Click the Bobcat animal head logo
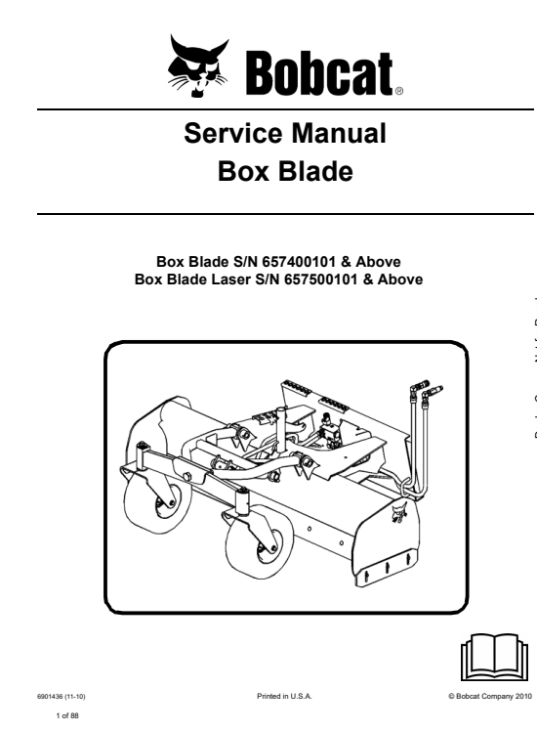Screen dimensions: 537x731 [x=198, y=65]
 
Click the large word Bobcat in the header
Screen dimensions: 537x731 [x=319, y=73]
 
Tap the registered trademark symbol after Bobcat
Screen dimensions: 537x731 [x=399, y=92]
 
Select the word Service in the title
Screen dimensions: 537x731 [x=233, y=133]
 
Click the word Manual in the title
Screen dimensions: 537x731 [x=339, y=133]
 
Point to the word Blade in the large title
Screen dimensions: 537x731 [x=314, y=171]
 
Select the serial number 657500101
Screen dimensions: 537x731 [x=320, y=279]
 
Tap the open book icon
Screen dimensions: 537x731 [x=494, y=657]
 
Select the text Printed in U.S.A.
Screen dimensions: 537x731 [x=284, y=696]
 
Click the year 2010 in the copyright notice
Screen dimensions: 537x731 [x=523, y=696]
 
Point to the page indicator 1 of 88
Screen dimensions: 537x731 [x=67, y=715]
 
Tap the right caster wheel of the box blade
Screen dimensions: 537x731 [x=259, y=544]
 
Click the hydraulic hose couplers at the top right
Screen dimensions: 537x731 [x=426, y=390]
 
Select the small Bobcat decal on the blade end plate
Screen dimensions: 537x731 [x=398, y=512]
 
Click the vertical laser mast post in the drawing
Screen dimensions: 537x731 [x=281, y=429]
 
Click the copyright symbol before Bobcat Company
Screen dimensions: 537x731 [x=451, y=697]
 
